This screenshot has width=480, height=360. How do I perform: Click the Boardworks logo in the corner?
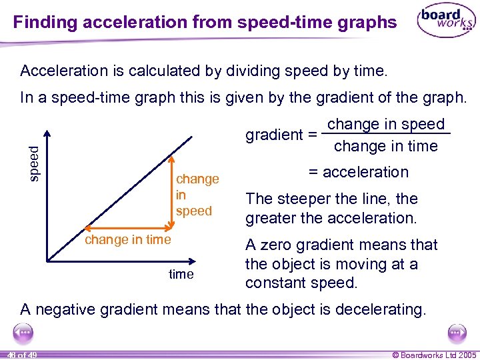[445, 22]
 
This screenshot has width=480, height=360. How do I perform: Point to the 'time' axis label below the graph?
[181, 274]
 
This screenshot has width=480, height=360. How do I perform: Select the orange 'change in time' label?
[127, 239]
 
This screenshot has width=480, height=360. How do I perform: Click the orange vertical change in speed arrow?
[171, 194]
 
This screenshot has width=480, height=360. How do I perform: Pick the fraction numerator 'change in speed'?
[385, 125]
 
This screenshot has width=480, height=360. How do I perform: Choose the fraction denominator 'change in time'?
[385, 146]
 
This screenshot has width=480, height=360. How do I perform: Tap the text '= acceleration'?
[358, 172]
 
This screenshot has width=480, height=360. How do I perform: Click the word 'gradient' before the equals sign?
[274, 135]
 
